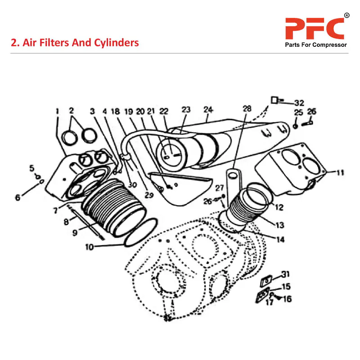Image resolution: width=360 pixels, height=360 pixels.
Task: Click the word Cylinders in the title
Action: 117,43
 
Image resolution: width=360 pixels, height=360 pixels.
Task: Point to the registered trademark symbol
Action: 346,16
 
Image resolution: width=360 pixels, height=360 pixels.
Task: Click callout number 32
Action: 299,102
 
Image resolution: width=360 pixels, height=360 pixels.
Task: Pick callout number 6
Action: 18,197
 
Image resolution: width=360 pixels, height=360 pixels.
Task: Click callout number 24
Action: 208,110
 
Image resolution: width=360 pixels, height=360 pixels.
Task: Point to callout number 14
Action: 280,240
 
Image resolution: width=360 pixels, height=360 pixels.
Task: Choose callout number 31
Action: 286,274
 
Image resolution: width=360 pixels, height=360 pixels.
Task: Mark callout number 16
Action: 288,298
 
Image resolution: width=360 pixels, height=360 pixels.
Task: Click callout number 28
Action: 247,109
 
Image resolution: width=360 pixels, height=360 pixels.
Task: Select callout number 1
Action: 58,110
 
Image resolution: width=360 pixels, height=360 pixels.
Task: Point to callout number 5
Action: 32,168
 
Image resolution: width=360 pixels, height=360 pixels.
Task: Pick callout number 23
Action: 186,109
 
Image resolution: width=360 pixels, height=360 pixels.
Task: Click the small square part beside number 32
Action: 273,99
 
